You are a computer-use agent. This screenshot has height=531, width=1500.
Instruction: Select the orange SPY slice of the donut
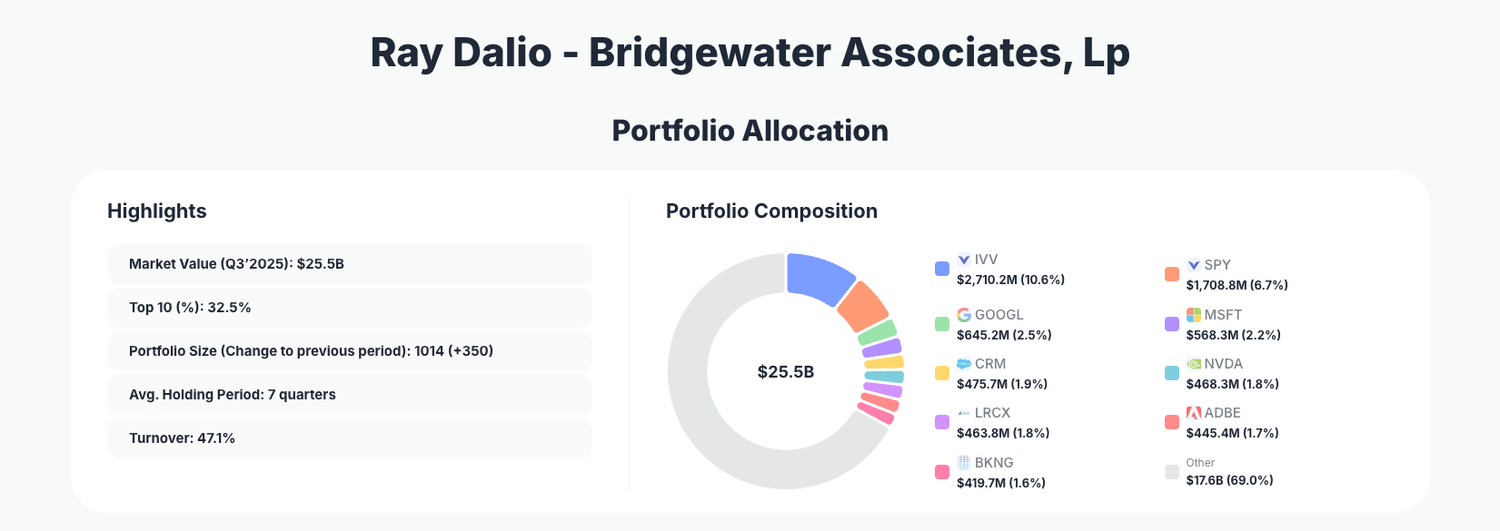[861, 307]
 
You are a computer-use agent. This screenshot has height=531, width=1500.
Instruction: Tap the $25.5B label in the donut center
[786, 372]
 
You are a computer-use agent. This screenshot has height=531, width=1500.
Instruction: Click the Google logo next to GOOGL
[964, 315]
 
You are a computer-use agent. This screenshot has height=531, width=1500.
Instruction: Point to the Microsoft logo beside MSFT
[1193, 315]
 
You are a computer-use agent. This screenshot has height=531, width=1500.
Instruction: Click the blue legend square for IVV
[942, 269]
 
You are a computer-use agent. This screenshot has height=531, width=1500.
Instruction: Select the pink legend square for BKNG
[942, 472]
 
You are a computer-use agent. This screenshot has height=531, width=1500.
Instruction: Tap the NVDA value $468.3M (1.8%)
[1232, 384]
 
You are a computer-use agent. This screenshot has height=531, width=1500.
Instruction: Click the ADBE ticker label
[1222, 413]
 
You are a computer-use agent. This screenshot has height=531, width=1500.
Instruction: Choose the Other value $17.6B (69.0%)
[1229, 480]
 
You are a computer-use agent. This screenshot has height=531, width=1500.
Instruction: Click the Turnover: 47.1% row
[349, 438]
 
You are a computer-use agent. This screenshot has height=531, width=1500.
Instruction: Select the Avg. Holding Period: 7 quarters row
[349, 395]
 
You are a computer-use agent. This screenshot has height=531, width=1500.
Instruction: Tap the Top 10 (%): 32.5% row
[349, 308]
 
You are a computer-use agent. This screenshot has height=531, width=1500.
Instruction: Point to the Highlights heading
[156, 211]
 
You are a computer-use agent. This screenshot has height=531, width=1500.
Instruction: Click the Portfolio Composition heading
[771, 211]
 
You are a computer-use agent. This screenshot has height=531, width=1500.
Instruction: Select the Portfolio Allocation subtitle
[750, 131]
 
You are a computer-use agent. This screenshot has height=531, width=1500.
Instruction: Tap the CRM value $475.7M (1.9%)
[1002, 384]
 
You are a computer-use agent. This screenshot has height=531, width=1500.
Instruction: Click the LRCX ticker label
[992, 413]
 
